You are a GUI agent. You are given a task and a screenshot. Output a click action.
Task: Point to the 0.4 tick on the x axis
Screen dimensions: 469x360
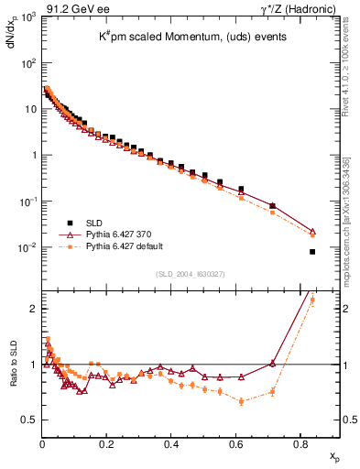point(236,443)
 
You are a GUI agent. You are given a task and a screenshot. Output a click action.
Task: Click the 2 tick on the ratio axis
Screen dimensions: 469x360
point(32,309)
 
